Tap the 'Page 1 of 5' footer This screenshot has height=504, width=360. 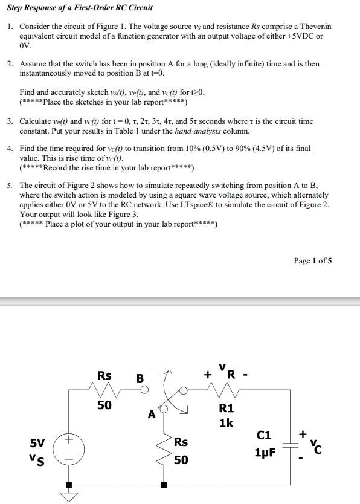(x=312, y=261)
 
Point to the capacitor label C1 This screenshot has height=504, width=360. (x=264, y=435)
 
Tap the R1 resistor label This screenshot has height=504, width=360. (x=225, y=407)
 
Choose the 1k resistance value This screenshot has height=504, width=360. (x=225, y=422)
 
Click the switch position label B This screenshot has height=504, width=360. (x=140, y=379)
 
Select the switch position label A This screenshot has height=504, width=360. (x=151, y=415)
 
